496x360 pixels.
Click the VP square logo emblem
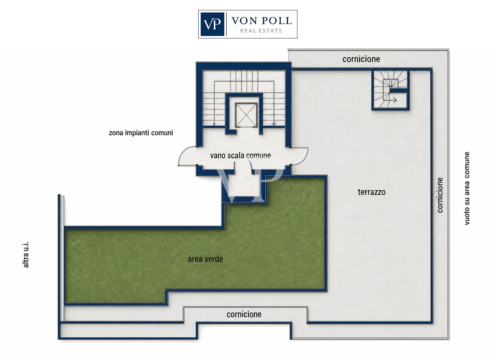[212, 24]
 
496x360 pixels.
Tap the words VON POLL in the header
[262, 21]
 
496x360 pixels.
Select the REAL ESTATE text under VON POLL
[261, 31]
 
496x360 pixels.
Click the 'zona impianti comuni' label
[141, 133]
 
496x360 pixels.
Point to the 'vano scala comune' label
[241, 155]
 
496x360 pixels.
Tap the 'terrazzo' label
[372, 192]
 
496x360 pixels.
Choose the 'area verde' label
[205, 259]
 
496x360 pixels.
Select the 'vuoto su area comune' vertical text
[467, 189]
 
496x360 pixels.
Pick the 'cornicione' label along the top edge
[361, 59]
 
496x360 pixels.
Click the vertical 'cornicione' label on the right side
[440, 195]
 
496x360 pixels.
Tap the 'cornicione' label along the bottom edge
[244, 314]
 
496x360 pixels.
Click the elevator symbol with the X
[246, 115]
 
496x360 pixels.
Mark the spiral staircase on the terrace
[390, 90]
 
